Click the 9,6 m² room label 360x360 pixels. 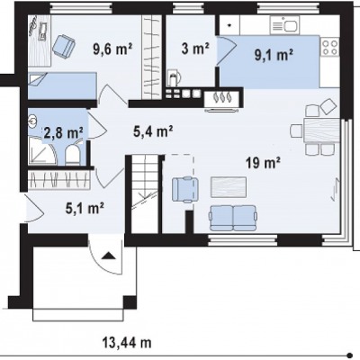click(x=112, y=49)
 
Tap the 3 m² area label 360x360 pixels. click(x=195, y=49)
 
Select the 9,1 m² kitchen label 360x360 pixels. click(x=274, y=55)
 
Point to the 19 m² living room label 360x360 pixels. click(x=263, y=164)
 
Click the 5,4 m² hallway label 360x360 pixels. click(x=153, y=131)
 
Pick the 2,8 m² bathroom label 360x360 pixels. click(x=63, y=132)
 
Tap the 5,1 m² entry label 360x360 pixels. click(x=85, y=208)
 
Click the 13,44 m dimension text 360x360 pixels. click(x=127, y=342)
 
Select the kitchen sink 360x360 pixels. click(x=284, y=25)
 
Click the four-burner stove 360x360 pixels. click(x=329, y=47)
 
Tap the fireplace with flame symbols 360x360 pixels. click(x=222, y=98)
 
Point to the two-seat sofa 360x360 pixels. click(x=233, y=218)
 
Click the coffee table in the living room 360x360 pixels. click(x=229, y=187)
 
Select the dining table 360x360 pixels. click(x=322, y=130)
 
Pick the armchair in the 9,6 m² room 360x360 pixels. click(x=64, y=46)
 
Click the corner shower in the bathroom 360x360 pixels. click(x=42, y=150)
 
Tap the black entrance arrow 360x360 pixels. click(x=108, y=256)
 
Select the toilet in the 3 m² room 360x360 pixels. click(x=174, y=77)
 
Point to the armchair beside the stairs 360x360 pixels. click(x=185, y=189)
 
